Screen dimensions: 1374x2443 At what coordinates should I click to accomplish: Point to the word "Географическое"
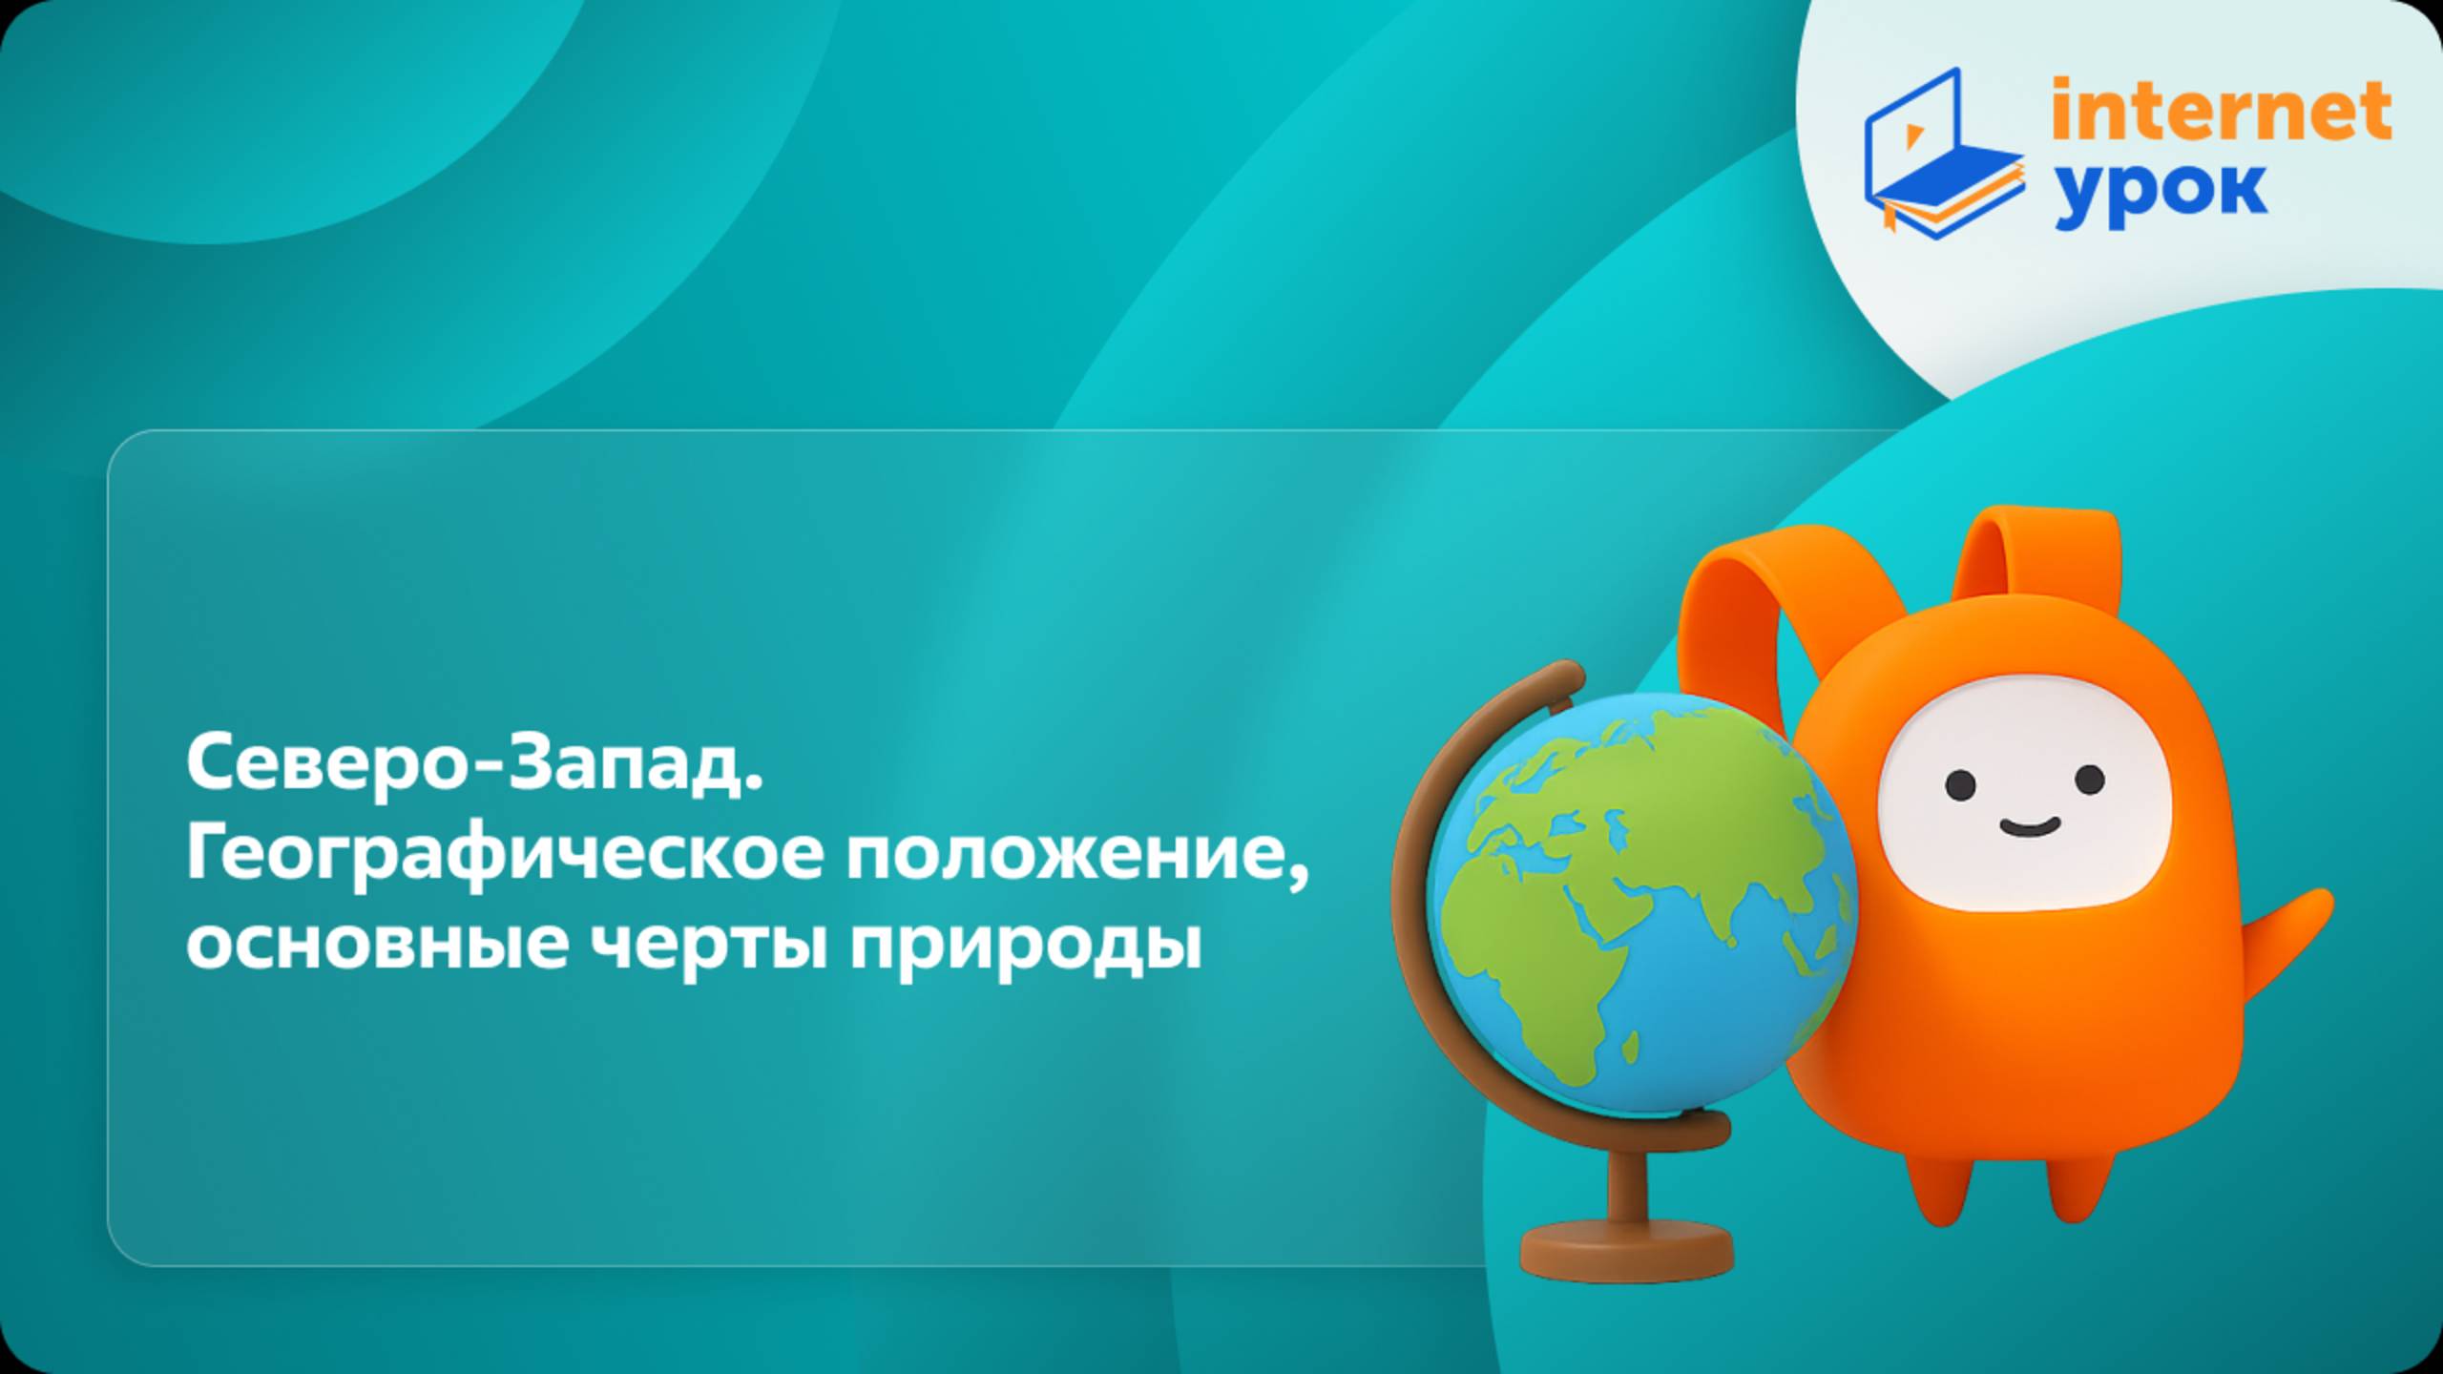click(x=505, y=856)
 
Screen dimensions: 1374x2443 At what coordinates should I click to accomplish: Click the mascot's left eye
click(x=1961, y=784)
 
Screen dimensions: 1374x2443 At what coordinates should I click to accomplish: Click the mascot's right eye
click(x=2088, y=780)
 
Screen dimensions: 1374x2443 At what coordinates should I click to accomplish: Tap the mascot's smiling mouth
click(x=2028, y=827)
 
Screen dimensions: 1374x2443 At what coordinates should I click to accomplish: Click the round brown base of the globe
click(x=1626, y=1250)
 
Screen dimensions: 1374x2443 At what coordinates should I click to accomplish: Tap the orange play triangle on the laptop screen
click(x=1912, y=136)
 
